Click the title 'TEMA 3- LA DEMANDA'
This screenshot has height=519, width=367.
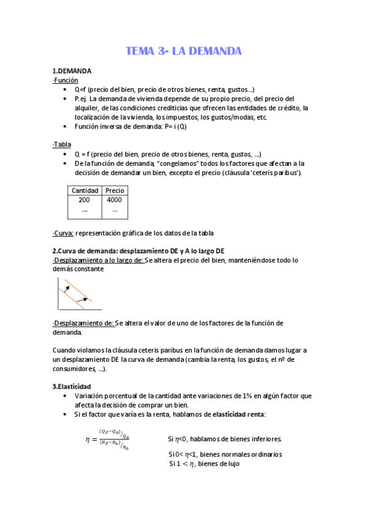(183, 51)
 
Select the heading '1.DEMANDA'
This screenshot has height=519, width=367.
(72, 72)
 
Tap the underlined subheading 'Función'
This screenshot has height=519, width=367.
(66, 80)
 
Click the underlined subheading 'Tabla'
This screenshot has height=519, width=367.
(62, 144)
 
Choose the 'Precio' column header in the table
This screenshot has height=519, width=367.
(115, 190)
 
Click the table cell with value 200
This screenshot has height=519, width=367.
(85, 200)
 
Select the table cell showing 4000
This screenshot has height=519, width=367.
(115, 200)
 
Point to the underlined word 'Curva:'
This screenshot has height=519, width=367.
(64, 233)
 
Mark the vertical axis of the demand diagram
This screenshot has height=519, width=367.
(58, 294)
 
